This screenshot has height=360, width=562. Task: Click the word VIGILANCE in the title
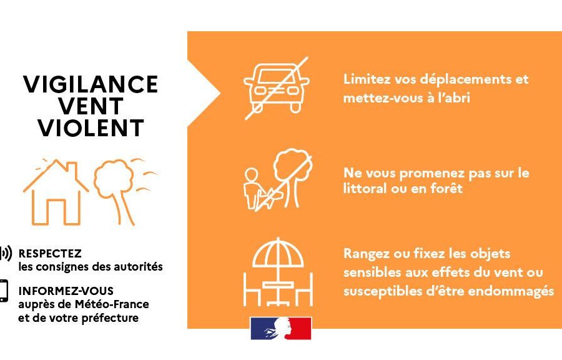click(x=91, y=84)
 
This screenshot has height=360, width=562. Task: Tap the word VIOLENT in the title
click(x=91, y=128)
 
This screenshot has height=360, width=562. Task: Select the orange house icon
click(x=56, y=192)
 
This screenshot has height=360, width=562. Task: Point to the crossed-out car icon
click(x=277, y=88)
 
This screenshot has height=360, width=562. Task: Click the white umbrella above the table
click(x=278, y=252)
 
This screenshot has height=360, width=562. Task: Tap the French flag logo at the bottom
click(x=281, y=328)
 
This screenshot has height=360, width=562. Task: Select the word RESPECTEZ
click(x=50, y=254)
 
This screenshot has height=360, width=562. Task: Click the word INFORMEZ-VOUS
click(x=66, y=291)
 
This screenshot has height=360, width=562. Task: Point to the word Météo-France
click(x=112, y=304)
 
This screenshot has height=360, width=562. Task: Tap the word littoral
click(x=365, y=188)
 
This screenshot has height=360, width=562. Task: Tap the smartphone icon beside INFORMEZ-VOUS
click(x=4, y=291)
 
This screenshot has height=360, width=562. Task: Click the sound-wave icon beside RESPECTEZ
click(x=6, y=253)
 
